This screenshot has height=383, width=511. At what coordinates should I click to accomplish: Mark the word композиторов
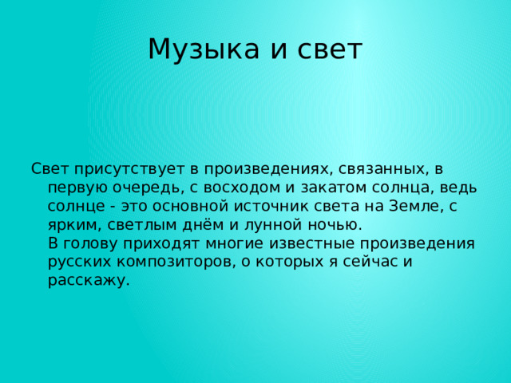(172, 262)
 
